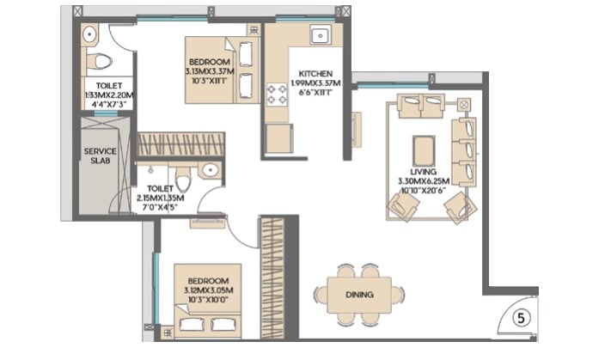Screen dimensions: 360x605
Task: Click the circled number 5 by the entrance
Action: [519, 317]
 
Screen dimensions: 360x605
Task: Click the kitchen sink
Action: [321, 36]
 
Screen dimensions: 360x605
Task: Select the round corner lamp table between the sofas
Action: [465, 105]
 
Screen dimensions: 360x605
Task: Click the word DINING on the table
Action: [359, 296]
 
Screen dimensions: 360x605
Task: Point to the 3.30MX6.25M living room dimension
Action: [423, 181]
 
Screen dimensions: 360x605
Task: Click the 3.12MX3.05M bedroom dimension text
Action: [207, 291]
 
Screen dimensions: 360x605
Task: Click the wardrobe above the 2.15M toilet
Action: [180, 144]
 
